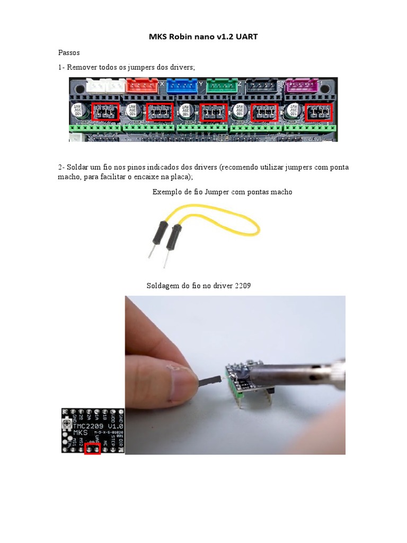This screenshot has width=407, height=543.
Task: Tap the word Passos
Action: click(x=68, y=53)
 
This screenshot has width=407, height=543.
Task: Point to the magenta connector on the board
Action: click(x=302, y=85)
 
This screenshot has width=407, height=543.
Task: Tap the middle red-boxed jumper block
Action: click(x=213, y=112)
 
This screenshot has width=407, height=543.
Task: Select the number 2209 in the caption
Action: click(x=242, y=286)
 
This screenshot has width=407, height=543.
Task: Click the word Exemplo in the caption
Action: click(x=165, y=192)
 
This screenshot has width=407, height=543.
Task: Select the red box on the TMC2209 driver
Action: click(x=92, y=449)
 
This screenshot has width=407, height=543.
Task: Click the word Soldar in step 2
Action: click(x=78, y=168)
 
